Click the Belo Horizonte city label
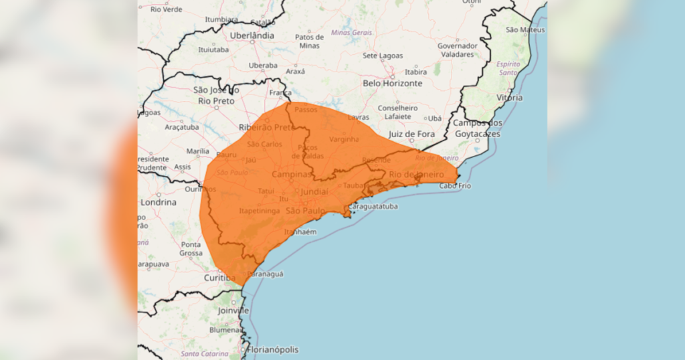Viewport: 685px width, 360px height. tap(393, 84)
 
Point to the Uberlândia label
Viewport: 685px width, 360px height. tap(252, 35)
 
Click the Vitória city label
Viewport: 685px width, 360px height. tap(509, 98)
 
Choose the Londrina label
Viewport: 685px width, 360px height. tap(158, 202)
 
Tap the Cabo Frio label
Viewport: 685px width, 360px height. tap(455, 186)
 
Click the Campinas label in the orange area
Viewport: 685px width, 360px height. tap(292, 175)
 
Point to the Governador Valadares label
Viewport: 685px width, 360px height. tap(458, 50)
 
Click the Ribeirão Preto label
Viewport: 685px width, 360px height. tap(266, 127)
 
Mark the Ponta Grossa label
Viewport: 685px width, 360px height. tap(191, 249)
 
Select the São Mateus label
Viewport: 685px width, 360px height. tap(525, 30)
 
